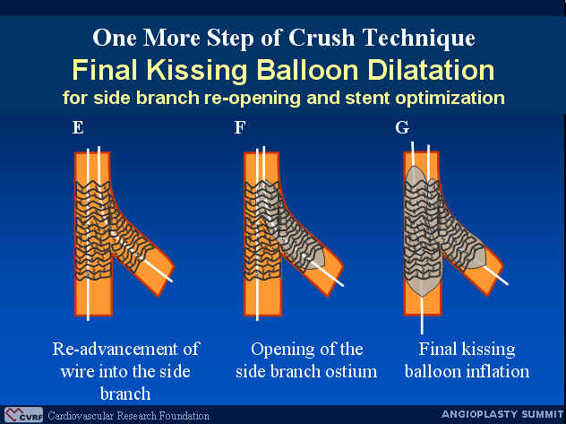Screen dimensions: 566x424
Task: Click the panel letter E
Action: [78, 127]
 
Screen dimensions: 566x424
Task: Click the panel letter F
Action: [240, 127]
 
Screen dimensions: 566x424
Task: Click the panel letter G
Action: [402, 127]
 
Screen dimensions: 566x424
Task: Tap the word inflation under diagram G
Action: [499, 371]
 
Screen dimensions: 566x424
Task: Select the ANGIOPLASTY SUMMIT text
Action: [502, 414]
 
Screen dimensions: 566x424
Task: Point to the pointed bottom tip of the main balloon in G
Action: [422, 296]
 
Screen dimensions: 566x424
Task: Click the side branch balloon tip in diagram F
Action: [323, 258]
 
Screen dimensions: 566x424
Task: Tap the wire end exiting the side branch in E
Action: [171, 281]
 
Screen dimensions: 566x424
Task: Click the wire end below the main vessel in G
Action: [422, 333]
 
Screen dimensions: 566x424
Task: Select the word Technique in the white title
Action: [418, 39]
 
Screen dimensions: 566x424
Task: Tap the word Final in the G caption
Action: [437, 349]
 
